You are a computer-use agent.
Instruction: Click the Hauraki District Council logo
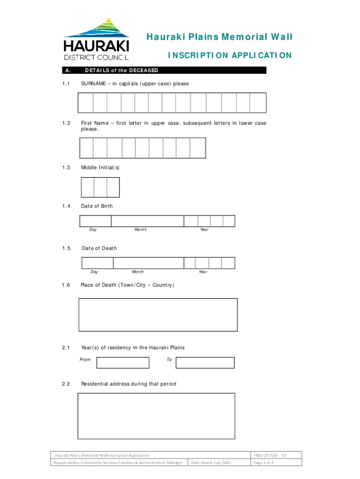point(96,39)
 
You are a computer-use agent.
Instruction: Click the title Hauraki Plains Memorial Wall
point(219,37)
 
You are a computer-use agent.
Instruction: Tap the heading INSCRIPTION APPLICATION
point(230,56)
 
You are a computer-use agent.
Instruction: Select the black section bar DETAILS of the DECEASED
point(164,71)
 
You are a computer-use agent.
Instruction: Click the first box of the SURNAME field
point(86,103)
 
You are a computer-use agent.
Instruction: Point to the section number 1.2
point(66,123)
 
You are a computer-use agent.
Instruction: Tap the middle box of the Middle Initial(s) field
point(101,188)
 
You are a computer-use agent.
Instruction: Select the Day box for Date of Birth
point(95,221)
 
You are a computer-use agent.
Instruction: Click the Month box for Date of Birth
point(147,221)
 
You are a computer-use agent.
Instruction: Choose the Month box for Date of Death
point(154,263)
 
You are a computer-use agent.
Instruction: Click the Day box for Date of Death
point(97,263)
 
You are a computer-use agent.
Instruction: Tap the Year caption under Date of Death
point(203,272)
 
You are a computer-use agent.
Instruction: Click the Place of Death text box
point(158,314)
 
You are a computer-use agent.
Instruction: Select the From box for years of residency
point(122,363)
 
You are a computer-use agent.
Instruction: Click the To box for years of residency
point(205,363)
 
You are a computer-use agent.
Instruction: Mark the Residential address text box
point(156,416)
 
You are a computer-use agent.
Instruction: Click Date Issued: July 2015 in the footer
point(210,463)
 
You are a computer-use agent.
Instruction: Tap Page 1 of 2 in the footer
point(263,463)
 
